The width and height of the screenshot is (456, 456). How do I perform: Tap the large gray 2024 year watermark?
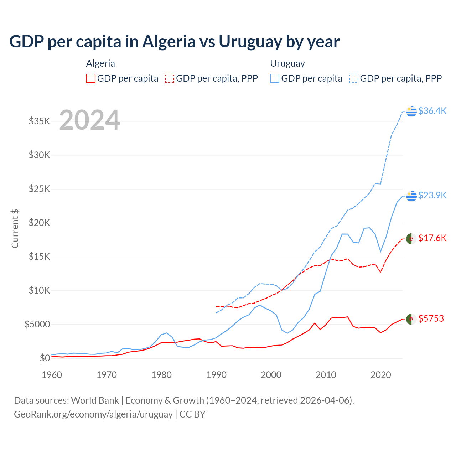click(x=89, y=120)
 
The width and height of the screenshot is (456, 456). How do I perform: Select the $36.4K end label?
click(x=432, y=111)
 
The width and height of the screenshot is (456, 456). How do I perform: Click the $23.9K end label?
click(x=432, y=195)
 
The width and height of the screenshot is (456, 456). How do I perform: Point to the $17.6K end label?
click(x=432, y=238)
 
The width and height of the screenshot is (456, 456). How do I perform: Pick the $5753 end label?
click(x=431, y=318)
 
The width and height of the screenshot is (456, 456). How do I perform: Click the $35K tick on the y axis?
click(x=39, y=121)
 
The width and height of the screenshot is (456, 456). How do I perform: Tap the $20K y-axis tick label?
click(x=39, y=223)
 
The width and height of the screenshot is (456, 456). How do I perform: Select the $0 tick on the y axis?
click(x=45, y=358)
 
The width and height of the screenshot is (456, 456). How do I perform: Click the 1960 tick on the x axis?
click(x=52, y=375)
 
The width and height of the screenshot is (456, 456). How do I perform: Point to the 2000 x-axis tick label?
click(x=271, y=375)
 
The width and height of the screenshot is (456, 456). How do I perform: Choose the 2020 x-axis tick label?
click(x=381, y=375)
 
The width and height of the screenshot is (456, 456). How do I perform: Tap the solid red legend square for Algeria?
click(x=91, y=78)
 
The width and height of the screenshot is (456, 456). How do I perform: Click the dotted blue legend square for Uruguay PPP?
click(x=354, y=78)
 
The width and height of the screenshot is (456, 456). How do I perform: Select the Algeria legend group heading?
click(x=100, y=63)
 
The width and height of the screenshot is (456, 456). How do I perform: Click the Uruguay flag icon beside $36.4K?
click(x=411, y=111)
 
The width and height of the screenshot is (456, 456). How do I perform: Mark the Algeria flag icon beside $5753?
click(x=411, y=319)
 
